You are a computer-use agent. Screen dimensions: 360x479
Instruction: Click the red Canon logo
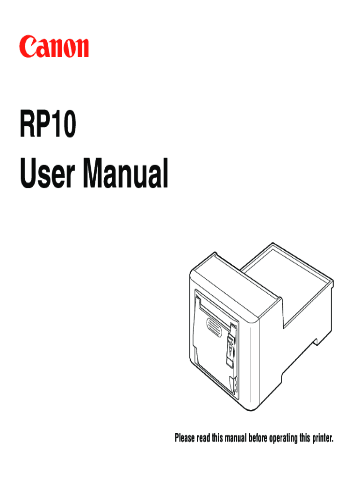click(x=54, y=47)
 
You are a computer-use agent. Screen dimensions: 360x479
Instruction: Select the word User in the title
click(x=47, y=173)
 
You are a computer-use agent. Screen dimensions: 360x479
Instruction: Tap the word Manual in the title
click(x=126, y=173)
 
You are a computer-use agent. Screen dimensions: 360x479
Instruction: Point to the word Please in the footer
click(x=185, y=438)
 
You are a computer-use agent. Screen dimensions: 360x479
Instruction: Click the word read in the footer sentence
click(x=203, y=438)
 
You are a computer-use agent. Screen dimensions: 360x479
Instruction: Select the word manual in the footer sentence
click(x=236, y=438)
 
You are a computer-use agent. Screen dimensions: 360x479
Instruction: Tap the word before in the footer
click(x=258, y=438)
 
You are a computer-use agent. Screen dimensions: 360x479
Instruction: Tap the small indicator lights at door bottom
click(x=236, y=385)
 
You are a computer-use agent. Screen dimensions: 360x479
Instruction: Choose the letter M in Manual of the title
click(x=94, y=173)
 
